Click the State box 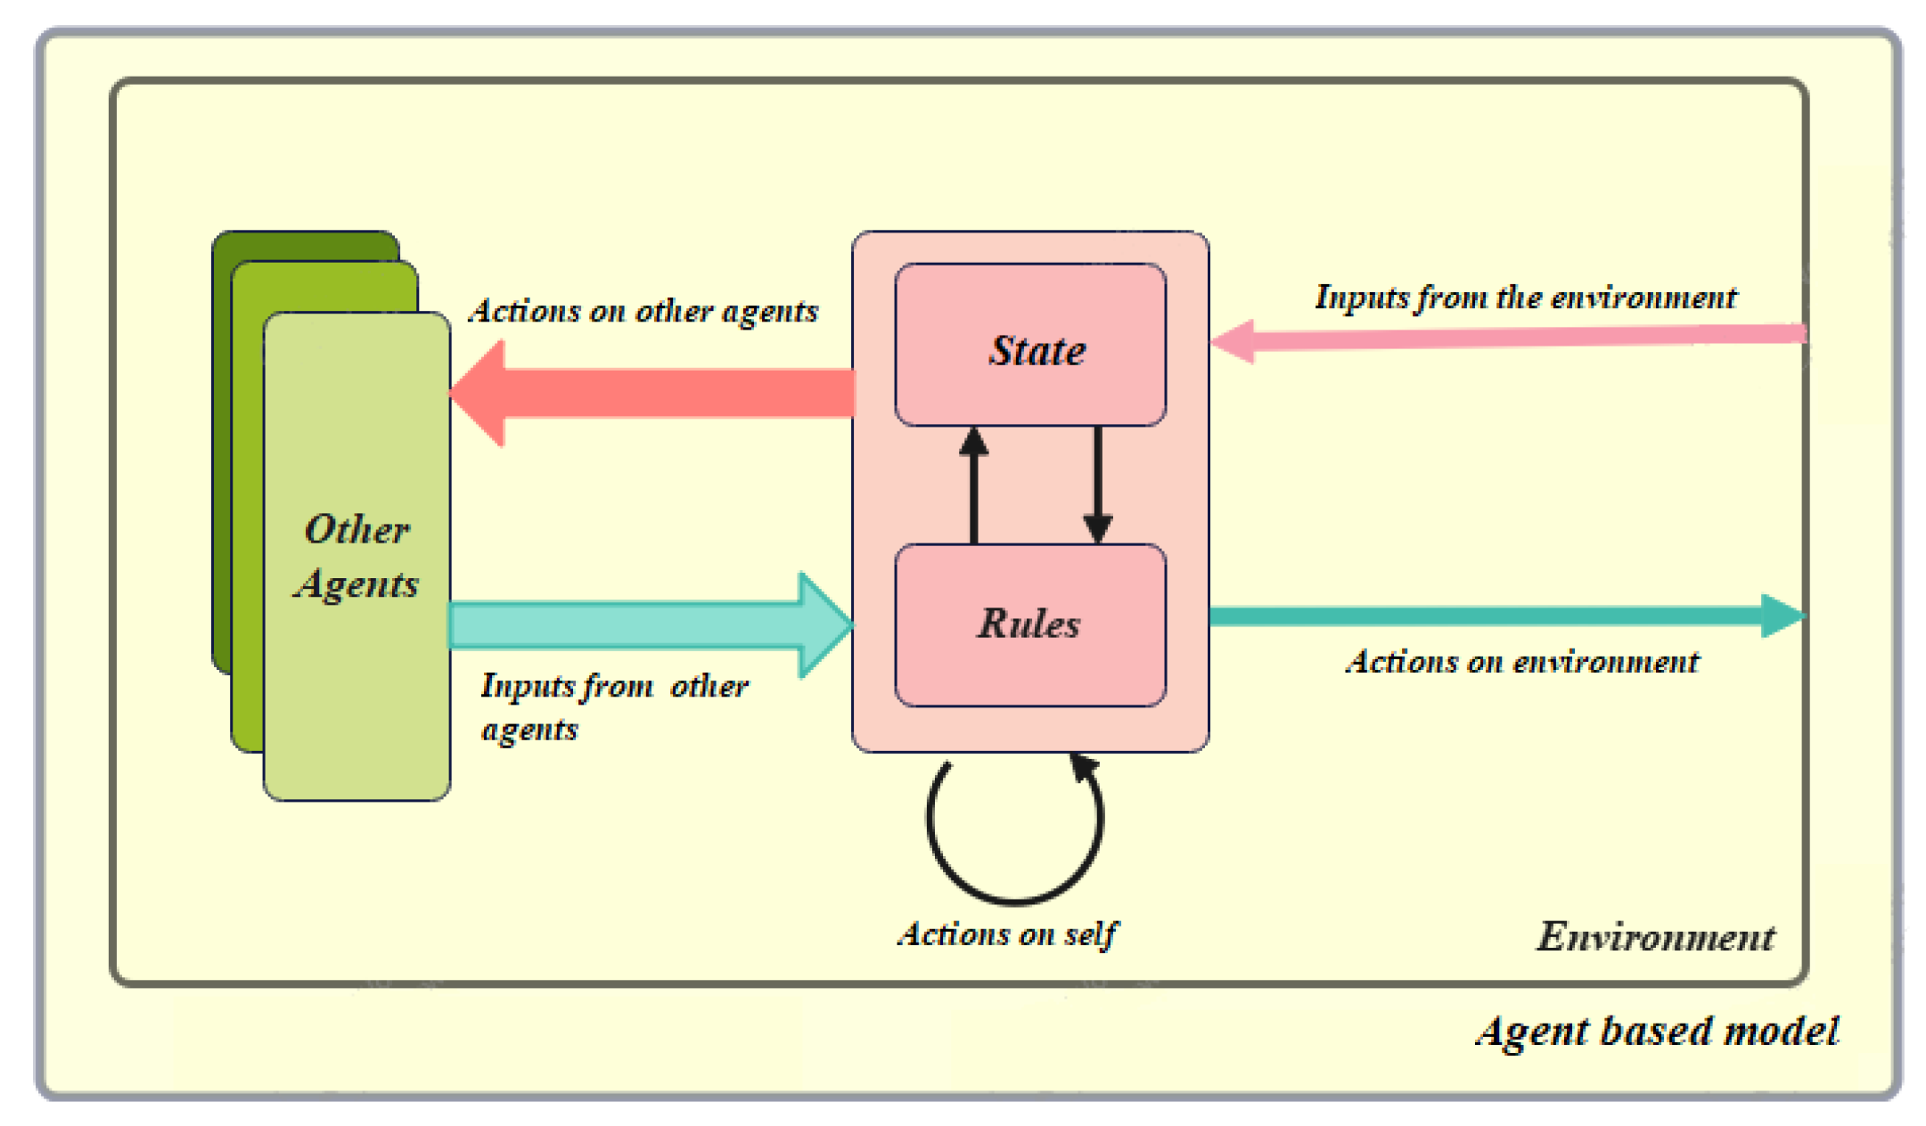1030,345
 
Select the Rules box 1030,624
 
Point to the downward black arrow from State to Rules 1097,485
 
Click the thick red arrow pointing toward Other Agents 651,394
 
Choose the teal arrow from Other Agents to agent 651,624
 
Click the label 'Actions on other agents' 643,312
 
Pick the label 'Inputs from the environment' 1525,298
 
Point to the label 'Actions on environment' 1522,662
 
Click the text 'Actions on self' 1006,934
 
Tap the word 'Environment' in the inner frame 1655,937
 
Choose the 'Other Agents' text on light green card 357,557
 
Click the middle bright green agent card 247,534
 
